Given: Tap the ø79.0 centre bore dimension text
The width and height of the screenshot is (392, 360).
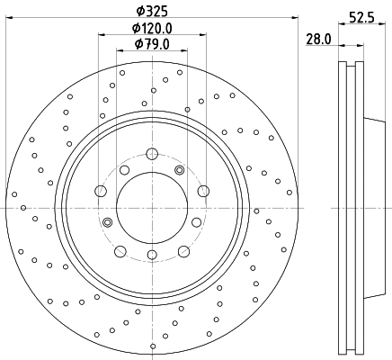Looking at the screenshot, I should click(x=152, y=43).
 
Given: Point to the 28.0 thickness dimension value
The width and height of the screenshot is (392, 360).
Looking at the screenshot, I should click(x=319, y=40).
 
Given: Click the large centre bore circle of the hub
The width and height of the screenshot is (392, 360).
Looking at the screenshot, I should click(x=152, y=206).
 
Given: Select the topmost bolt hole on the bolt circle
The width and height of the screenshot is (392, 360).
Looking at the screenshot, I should click(x=152, y=151).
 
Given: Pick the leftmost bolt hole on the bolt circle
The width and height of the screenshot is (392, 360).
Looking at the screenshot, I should click(x=101, y=189).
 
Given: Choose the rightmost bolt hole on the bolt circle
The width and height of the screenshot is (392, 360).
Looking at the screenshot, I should click(x=203, y=189).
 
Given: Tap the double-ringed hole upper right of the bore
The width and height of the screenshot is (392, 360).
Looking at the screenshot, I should click(x=180, y=171).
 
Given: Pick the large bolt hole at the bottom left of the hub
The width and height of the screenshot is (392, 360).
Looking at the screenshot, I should click(x=120, y=250).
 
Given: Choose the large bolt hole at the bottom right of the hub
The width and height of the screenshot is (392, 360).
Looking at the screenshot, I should click(x=183, y=250).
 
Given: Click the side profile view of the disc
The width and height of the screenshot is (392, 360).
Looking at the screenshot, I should click(x=352, y=206).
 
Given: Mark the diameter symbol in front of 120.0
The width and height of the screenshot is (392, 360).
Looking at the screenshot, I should click(x=127, y=28).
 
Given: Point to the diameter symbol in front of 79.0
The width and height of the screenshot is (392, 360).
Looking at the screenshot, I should click(x=138, y=43).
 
